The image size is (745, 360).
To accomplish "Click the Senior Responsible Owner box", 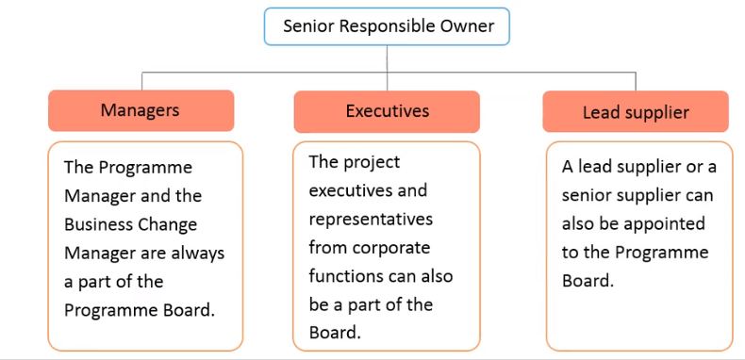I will (x=389, y=26).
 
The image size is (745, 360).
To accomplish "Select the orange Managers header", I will (x=140, y=110).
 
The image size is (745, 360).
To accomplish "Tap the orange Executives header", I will (x=387, y=111).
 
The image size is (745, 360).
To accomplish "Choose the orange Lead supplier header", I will (x=636, y=112).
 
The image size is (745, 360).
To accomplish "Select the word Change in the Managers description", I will (x=170, y=224).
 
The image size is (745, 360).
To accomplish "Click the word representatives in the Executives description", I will (x=371, y=219).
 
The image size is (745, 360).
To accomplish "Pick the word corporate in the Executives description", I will (x=388, y=248).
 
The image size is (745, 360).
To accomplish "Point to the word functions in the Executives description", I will (x=348, y=276).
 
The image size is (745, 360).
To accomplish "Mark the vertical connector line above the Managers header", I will (x=141, y=81).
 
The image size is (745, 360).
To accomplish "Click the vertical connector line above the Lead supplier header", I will (x=636, y=81).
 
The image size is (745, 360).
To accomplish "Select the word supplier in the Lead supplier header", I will (x=656, y=113).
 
